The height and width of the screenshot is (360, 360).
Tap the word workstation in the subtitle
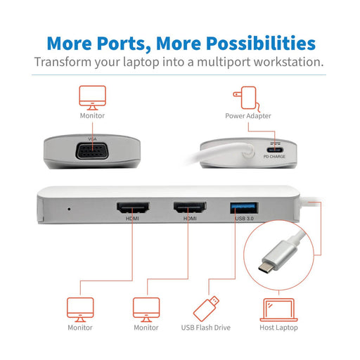(283, 61)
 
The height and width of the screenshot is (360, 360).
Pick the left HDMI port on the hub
(131, 209)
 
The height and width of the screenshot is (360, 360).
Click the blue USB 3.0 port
(243, 208)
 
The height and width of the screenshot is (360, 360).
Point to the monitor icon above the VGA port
(92, 96)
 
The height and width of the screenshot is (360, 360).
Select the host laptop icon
(278, 308)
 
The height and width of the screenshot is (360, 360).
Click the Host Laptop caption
(278, 328)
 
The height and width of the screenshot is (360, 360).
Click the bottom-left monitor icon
(79, 308)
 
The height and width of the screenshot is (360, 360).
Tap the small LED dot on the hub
(67, 209)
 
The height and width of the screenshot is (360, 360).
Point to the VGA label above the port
(91, 139)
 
